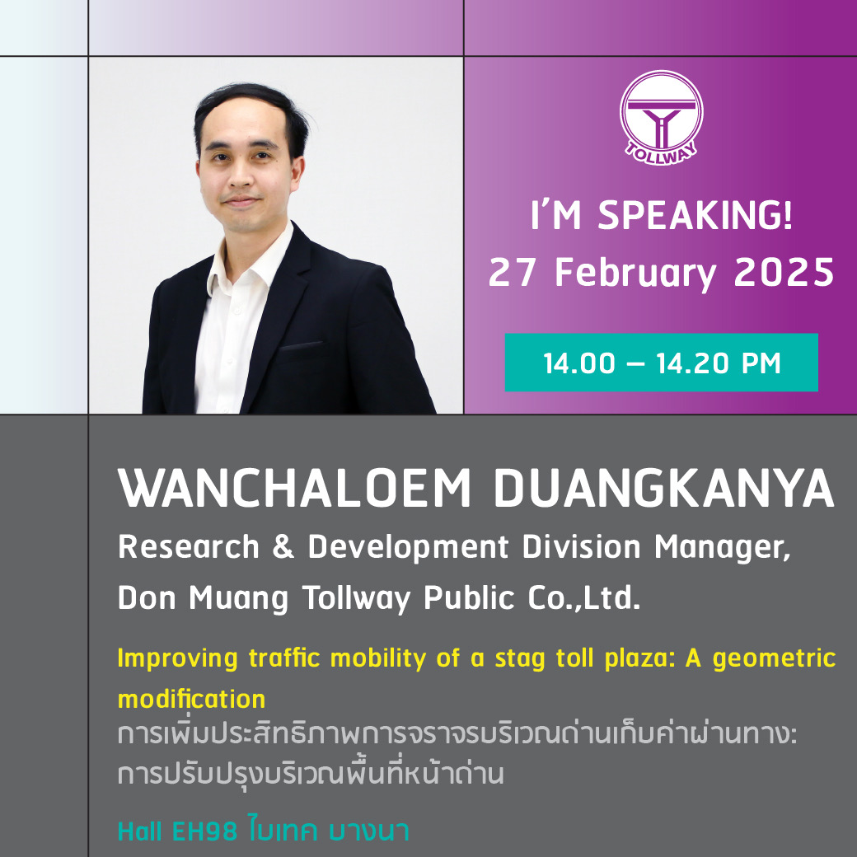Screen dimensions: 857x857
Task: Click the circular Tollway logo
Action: point(662,117)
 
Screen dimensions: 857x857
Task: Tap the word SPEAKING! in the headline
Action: point(695,215)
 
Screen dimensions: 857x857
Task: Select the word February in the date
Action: point(635,274)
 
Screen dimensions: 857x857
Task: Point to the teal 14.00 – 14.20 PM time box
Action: point(662,363)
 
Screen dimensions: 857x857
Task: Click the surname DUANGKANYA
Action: point(664,488)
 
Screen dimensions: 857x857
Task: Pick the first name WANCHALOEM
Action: point(294,488)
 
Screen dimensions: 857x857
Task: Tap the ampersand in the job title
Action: point(283,547)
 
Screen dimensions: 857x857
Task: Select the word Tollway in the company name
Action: point(356,600)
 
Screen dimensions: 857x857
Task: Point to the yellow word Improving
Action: point(178,659)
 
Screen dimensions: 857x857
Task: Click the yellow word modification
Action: point(192,699)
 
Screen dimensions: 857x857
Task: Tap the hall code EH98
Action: point(205,831)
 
